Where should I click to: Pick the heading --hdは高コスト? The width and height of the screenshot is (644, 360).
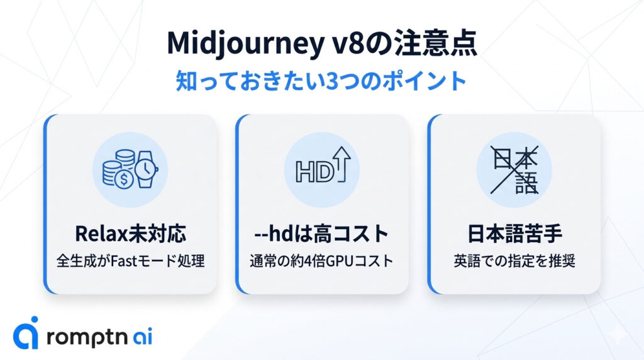pyautogui.click(x=322, y=234)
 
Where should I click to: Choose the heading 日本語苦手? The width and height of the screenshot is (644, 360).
pyautogui.click(x=514, y=234)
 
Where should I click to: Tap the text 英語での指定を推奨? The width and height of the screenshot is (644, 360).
pyautogui.click(x=514, y=261)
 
